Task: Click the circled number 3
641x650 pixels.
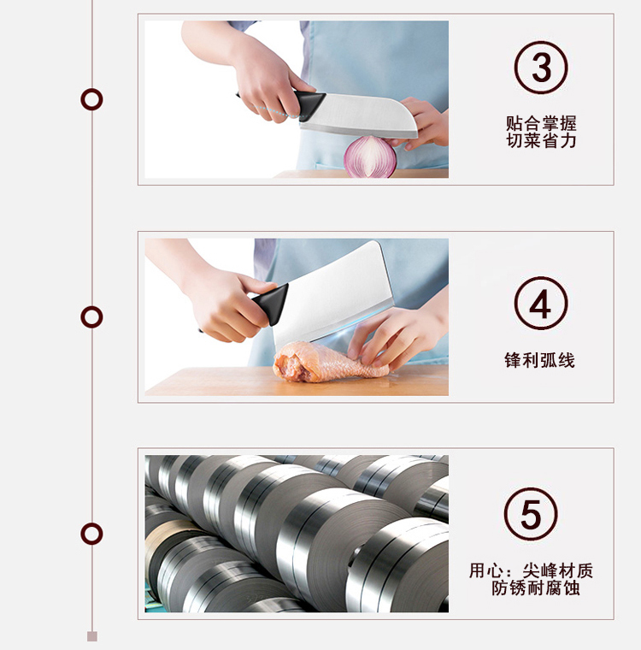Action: click(541, 68)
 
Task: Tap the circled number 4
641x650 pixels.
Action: click(541, 304)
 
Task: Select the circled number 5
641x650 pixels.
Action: click(531, 514)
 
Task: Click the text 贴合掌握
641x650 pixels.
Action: click(541, 123)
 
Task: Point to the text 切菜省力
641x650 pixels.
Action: click(541, 140)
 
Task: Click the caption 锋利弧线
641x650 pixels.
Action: click(539, 360)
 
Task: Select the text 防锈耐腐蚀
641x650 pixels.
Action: click(536, 588)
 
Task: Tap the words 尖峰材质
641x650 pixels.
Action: click(558, 570)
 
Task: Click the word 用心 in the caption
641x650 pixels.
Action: click(486, 570)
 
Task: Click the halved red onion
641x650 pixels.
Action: click(370, 157)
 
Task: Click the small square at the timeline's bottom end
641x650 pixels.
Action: click(92, 636)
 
